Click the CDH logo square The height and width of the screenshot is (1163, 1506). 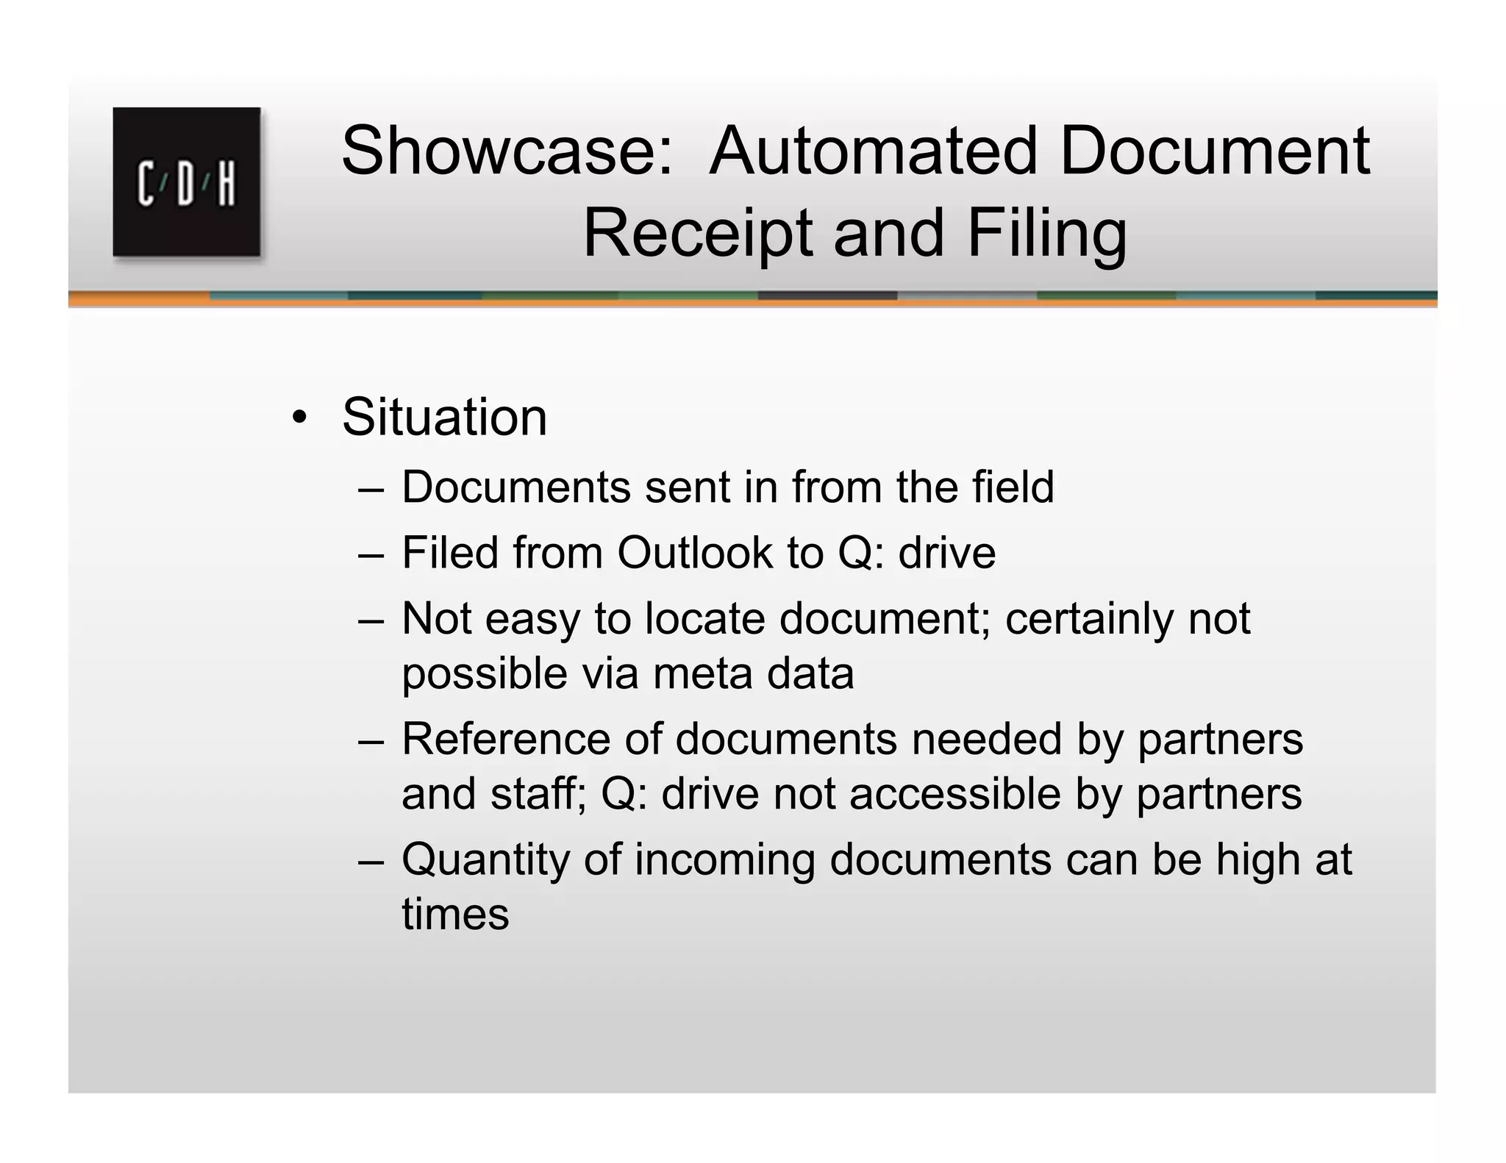point(187,182)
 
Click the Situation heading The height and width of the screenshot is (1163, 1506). point(445,417)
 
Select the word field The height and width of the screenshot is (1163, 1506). point(1013,487)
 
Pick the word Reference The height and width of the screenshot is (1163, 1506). point(506,738)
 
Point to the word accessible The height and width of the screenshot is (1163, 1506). point(955,794)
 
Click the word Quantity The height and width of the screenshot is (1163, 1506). point(485,859)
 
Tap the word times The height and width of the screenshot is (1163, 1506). point(455,915)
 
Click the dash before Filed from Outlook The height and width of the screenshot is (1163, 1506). point(371,554)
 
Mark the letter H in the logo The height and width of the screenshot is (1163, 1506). point(226,184)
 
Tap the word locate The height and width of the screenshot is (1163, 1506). point(704,618)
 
